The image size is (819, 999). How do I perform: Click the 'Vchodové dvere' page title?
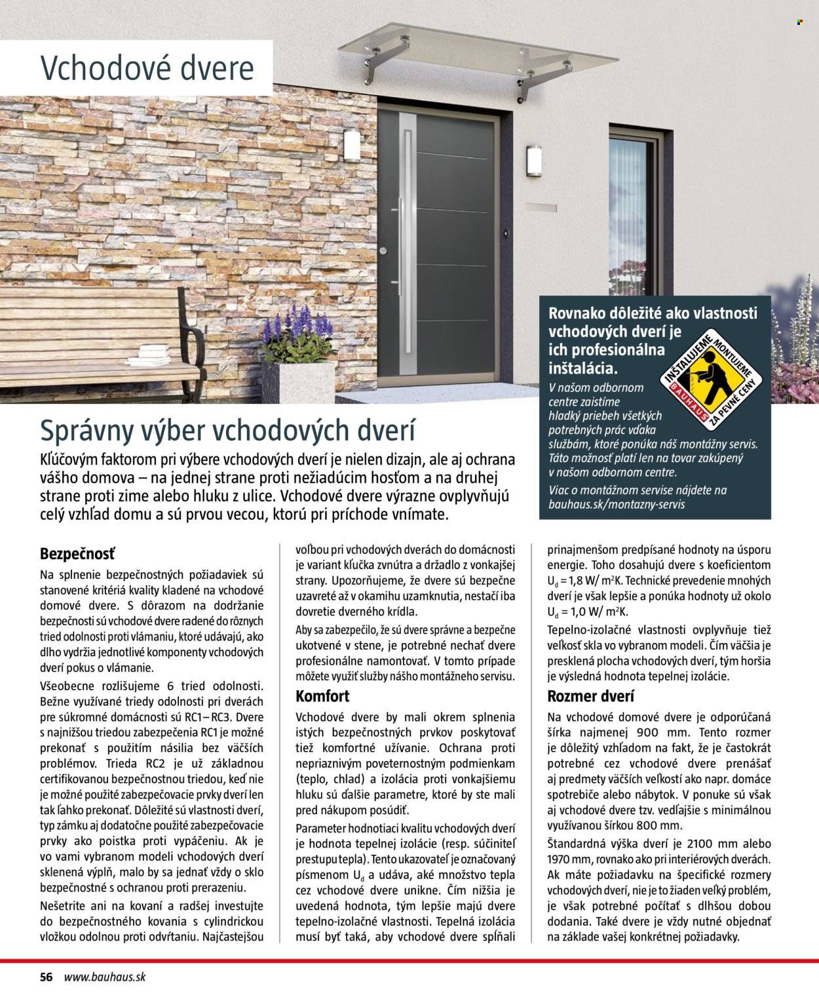(x=147, y=69)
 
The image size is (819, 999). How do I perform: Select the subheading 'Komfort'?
(x=322, y=696)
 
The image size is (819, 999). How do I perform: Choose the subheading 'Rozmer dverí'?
(x=590, y=696)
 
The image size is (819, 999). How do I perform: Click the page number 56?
(x=46, y=976)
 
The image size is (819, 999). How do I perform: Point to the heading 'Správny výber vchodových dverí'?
(x=228, y=431)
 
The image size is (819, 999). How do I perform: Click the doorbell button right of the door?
(x=506, y=233)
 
